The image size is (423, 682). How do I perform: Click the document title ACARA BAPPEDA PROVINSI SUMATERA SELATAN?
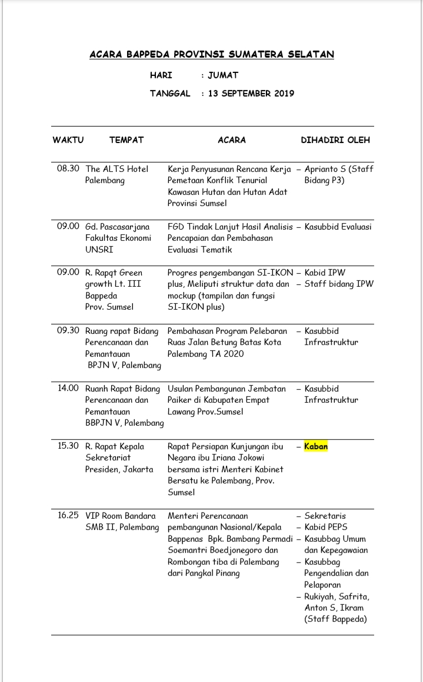211,54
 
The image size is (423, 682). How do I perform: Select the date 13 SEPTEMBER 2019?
251,94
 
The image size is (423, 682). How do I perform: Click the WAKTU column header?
68,140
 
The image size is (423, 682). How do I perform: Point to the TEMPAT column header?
126,140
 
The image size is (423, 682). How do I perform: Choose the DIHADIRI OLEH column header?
335,140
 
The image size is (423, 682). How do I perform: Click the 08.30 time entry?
68,169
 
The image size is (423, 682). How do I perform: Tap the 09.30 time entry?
68,330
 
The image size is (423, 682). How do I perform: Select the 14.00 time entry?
68,388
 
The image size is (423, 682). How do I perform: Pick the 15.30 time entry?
68,446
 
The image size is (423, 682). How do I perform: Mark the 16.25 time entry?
68,515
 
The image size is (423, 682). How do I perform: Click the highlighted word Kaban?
316,446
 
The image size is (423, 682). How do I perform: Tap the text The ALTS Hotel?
116,169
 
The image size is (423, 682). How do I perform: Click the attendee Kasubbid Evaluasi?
338,227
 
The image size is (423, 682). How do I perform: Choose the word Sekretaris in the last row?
324,515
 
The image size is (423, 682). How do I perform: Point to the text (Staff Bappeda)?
335,619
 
